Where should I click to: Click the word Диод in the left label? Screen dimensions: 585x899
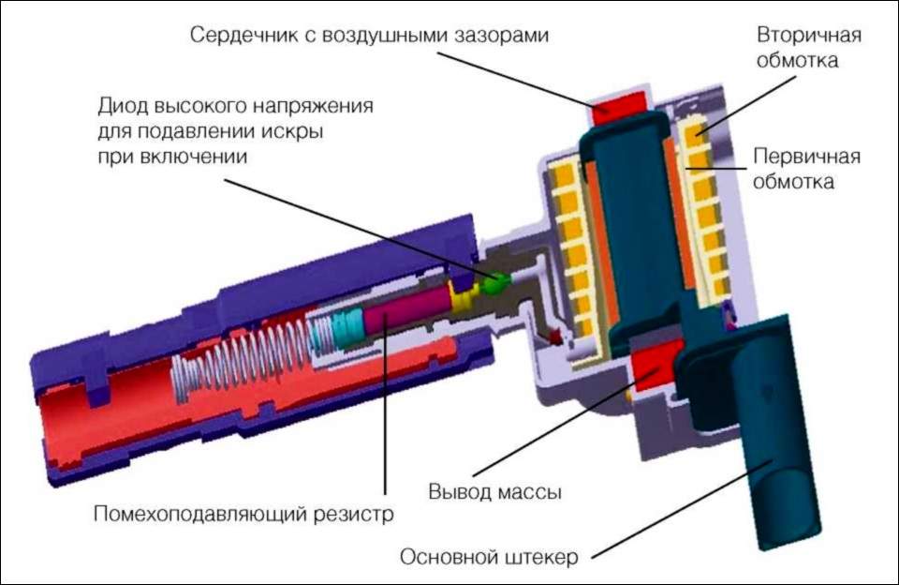pyautogui.click(x=123, y=104)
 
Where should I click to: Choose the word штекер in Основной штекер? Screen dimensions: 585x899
pyautogui.click(x=538, y=557)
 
